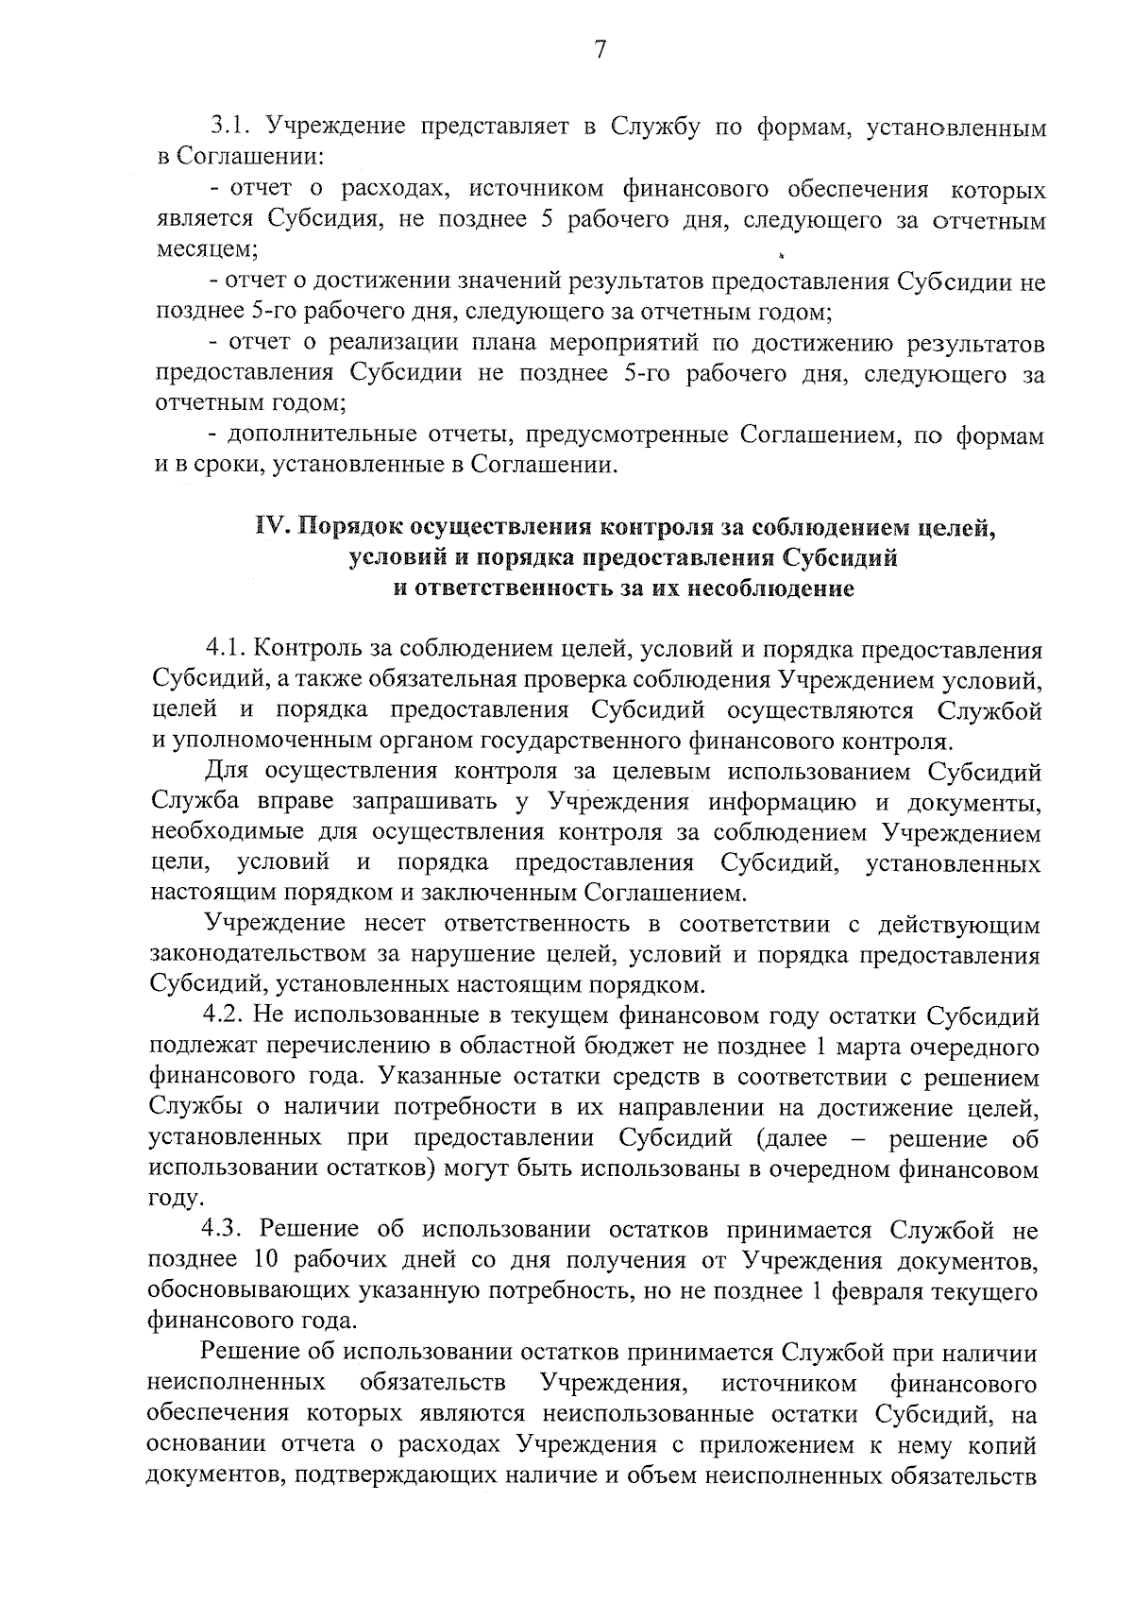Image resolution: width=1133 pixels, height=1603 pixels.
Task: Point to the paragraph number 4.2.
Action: (226, 1016)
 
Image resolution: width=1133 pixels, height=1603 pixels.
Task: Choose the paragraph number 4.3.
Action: (226, 1231)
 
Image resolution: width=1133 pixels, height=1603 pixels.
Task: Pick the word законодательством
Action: (268, 956)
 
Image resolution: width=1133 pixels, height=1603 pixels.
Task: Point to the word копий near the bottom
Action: (1002, 1445)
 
